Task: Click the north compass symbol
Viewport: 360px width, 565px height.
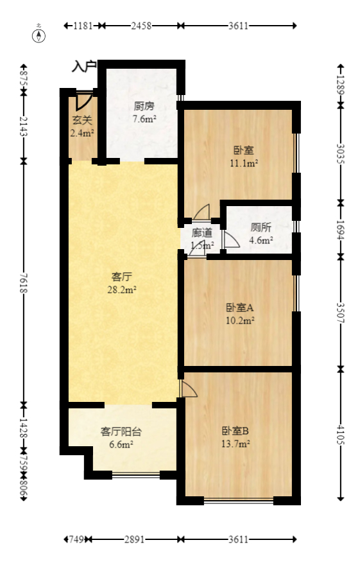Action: pos(40,35)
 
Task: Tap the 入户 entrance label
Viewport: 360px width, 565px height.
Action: pos(83,66)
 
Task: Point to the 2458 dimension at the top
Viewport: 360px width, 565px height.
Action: pos(141,26)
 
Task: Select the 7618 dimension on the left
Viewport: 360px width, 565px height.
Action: pos(24,282)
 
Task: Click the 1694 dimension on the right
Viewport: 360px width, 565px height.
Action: pos(341,228)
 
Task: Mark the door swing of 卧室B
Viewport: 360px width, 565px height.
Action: pos(189,389)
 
